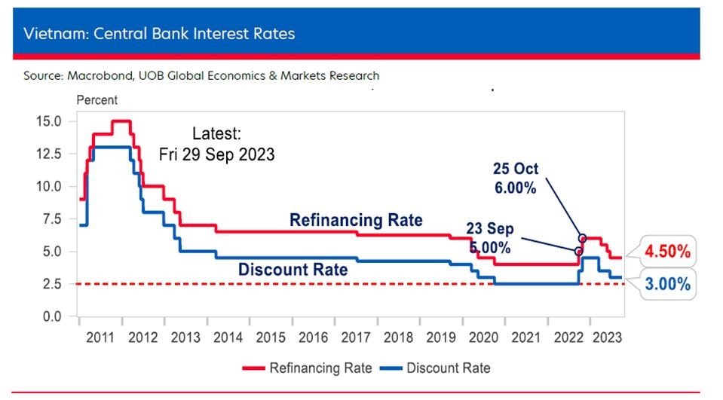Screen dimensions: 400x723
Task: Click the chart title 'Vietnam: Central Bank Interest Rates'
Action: [159, 34]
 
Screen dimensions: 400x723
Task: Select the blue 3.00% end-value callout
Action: [668, 285]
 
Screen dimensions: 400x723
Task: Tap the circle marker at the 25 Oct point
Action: [583, 237]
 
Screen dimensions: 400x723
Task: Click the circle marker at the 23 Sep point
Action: [578, 252]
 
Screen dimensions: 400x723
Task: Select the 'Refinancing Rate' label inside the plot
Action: [356, 220]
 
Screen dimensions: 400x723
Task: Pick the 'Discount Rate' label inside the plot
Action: [293, 269]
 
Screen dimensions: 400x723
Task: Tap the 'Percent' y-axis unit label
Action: [97, 99]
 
